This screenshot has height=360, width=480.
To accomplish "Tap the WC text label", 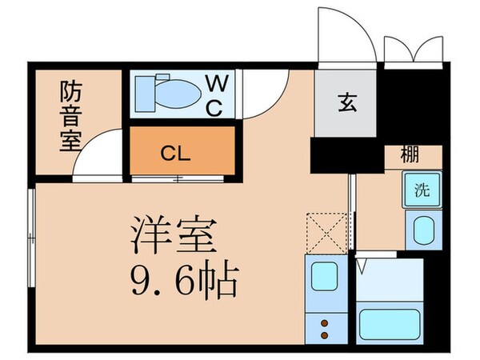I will (x=216, y=95).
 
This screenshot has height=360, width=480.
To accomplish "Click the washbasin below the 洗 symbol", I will (x=421, y=232).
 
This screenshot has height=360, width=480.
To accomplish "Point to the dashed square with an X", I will (x=328, y=232).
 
